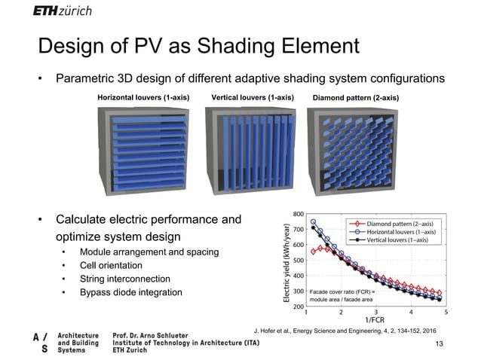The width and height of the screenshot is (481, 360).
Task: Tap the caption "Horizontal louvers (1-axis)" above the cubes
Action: click(142, 98)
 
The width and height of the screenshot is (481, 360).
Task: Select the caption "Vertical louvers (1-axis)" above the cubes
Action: click(252, 98)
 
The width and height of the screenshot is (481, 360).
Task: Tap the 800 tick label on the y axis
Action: click(299, 214)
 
